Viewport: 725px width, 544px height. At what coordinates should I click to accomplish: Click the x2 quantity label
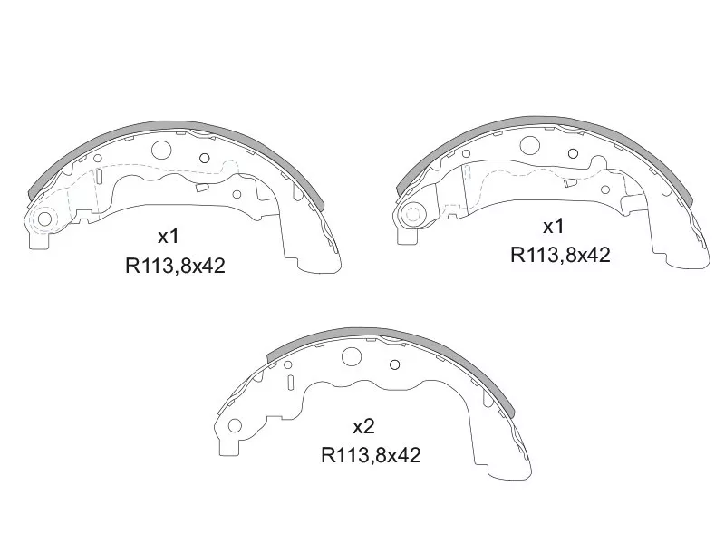pos(363,426)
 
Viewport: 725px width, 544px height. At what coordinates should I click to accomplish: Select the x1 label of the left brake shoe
pos(169,237)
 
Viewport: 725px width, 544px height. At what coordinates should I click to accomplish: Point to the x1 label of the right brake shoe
pos(554,225)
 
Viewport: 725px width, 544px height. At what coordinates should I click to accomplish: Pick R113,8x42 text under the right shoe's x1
pos(561,255)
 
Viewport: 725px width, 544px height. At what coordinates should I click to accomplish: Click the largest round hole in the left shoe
pos(162,152)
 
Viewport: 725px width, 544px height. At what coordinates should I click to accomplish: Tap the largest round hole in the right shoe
pos(530,145)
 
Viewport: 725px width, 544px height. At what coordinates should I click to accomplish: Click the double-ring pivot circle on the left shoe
pos(42,219)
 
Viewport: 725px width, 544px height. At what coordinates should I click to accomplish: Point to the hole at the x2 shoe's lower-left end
pos(236,425)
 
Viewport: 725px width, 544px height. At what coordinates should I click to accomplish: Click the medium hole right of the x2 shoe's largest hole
pos(394,364)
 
